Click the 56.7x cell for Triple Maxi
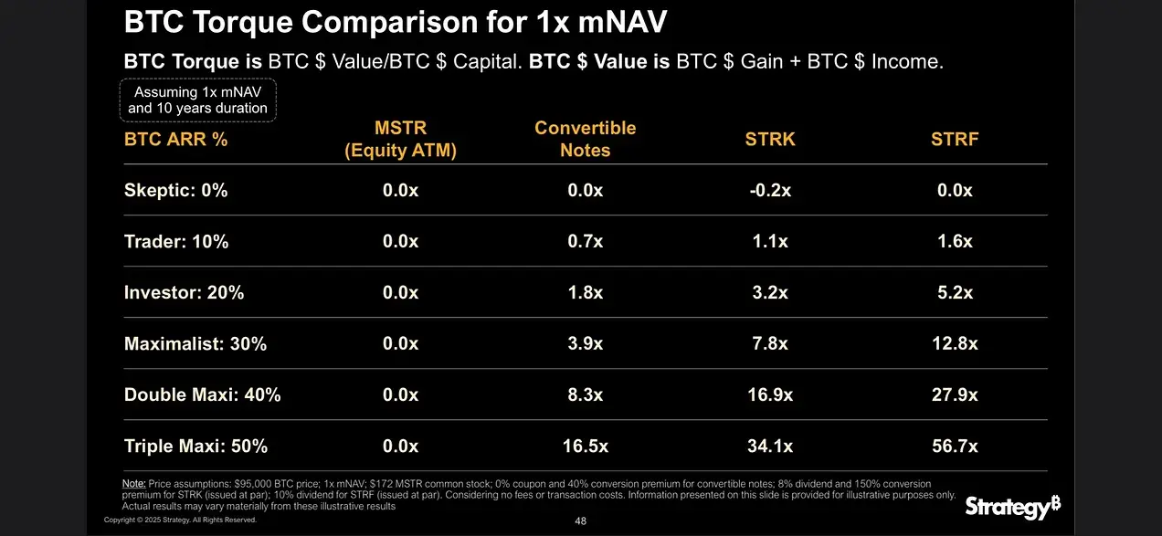[x=954, y=447]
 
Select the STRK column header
[x=770, y=140]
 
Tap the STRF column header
[x=955, y=140]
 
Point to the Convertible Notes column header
[x=585, y=139]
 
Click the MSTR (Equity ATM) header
[x=400, y=139]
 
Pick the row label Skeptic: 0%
[x=175, y=191]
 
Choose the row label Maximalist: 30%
[x=195, y=344]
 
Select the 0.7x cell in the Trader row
[x=585, y=242]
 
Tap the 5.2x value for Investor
[x=955, y=293]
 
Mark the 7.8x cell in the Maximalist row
[x=770, y=344]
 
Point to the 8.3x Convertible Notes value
[x=585, y=395]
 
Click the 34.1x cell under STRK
[x=770, y=447]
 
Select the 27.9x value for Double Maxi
[x=954, y=395]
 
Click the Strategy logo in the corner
[x=1012, y=507]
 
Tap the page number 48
[x=580, y=521]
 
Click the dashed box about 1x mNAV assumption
[x=197, y=100]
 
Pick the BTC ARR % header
[x=175, y=140]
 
